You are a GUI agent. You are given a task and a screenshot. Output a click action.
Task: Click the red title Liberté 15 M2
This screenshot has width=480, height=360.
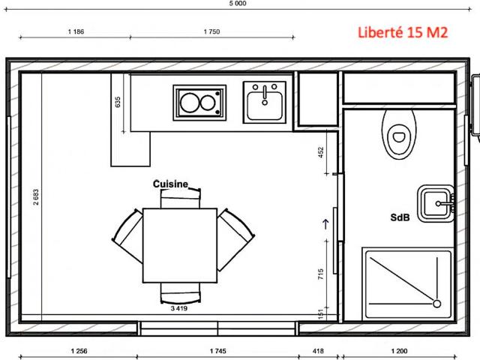tap(403, 32)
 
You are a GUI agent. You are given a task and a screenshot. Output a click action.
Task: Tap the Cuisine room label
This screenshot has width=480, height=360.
tap(170, 184)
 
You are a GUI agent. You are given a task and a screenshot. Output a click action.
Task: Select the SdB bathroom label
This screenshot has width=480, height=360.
tap(400, 217)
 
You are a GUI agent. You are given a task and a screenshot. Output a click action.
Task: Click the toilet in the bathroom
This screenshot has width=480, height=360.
tap(399, 134)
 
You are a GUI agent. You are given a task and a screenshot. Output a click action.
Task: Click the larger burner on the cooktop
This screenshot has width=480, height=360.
tap(190, 103)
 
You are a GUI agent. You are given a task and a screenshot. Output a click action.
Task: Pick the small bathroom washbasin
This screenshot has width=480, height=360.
tap(435, 203)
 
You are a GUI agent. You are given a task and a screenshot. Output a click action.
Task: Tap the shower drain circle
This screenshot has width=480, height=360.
tap(436, 304)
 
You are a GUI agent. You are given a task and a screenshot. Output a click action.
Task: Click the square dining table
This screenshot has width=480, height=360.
tap(180, 245)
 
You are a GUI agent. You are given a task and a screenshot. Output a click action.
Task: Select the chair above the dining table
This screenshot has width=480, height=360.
tap(181, 198)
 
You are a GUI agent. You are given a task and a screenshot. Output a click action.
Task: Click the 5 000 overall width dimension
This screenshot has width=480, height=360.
tap(238, 3)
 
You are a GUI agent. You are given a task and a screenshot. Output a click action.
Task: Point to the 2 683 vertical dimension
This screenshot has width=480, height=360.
tap(36, 196)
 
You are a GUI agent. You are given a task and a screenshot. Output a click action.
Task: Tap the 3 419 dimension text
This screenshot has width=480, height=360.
tap(179, 308)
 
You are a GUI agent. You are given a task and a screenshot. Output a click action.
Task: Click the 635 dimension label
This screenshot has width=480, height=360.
tap(118, 102)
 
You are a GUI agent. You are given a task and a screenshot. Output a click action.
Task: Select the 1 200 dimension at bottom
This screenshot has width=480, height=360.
tap(399, 351)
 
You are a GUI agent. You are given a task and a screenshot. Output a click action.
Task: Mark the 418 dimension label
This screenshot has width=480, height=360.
tap(318, 351)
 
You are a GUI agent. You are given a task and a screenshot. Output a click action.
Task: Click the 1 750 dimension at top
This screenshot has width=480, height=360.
tap(211, 31)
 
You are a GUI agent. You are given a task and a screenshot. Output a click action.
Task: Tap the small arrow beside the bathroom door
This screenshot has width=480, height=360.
tap(325, 224)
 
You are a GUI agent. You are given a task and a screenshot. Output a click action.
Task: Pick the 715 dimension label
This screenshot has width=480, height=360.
tap(320, 274)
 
